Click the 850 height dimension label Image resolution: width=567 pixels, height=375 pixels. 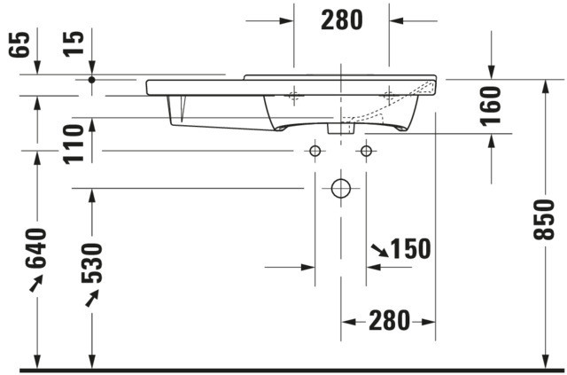543,219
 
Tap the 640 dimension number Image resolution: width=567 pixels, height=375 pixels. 35,248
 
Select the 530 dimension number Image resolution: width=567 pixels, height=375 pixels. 92,263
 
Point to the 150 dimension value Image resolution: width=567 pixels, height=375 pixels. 411,249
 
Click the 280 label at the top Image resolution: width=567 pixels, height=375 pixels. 342,20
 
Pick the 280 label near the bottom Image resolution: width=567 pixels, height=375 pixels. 389,320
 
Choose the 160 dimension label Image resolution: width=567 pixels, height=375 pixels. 491,106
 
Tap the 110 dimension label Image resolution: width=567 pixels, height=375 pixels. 74,145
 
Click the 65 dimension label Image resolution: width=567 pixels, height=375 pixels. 19,44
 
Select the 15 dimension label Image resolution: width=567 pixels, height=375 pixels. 74,44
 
